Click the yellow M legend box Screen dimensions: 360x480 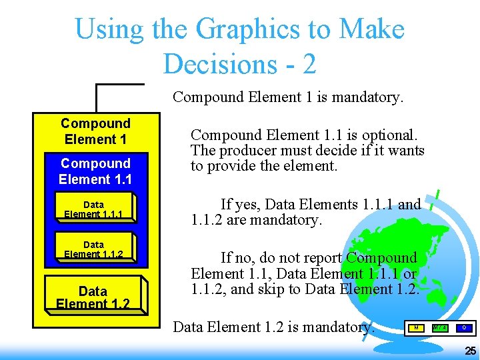[416, 327]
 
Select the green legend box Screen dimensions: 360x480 [439, 327]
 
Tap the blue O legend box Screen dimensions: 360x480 [464, 327]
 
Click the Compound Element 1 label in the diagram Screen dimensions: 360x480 [95, 131]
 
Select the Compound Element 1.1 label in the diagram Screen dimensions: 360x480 [95, 171]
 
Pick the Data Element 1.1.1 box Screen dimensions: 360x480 [93, 209]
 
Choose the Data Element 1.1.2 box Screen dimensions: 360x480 [93, 249]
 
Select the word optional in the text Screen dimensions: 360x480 [396, 134]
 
